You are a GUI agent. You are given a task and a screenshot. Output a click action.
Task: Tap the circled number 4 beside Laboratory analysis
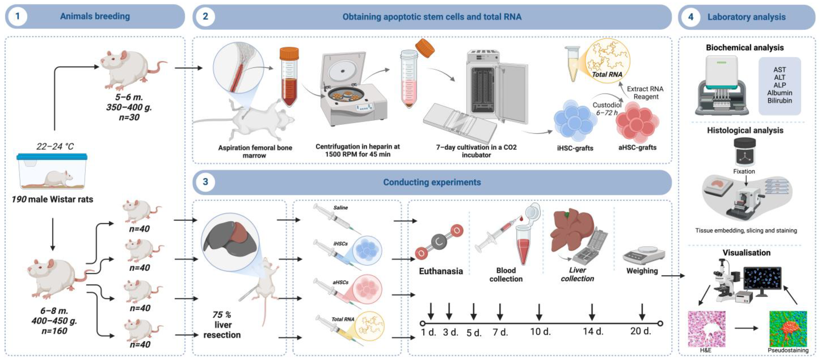pyautogui.click(x=691, y=17)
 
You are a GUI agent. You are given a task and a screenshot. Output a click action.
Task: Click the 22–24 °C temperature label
pyautogui.click(x=55, y=146)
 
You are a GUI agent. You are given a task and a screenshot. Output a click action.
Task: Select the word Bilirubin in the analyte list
pyautogui.click(x=780, y=101)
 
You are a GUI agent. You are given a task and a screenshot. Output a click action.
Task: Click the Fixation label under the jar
pyautogui.click(x=744, y=171)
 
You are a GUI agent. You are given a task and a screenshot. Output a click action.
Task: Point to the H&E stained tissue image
pyautogui.click(x=707, y=329)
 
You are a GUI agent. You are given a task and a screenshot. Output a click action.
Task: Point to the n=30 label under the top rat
pyautogui.click(x=129, y=117)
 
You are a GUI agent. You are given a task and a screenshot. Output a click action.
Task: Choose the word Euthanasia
pyautogui.click(x=441, y=271)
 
